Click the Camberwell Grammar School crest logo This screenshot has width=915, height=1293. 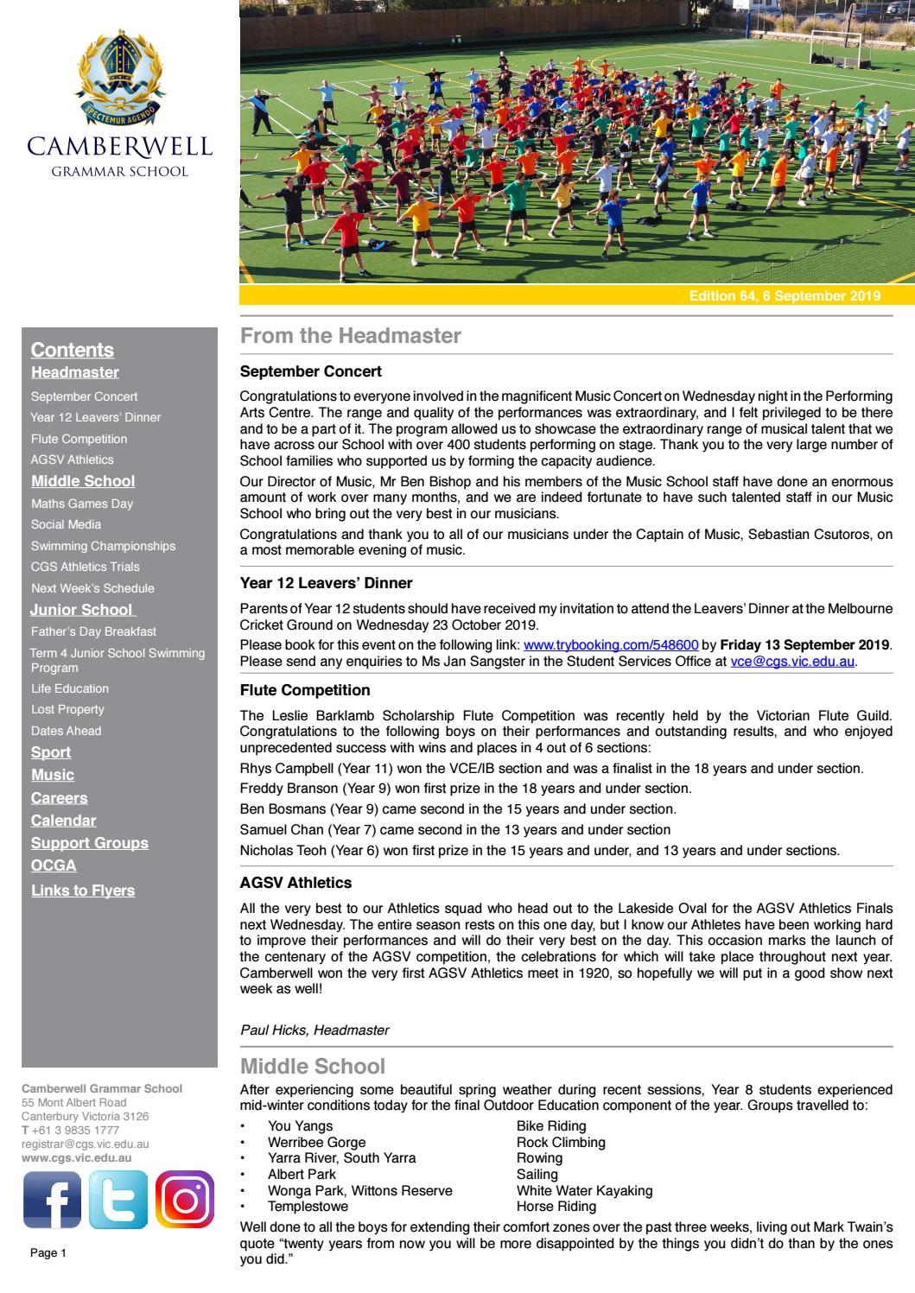click(119, 74)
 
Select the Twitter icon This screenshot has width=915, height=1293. click(119, 1200)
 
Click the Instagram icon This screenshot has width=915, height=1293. click(185, 1200)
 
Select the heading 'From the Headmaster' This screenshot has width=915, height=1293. click(351, 336)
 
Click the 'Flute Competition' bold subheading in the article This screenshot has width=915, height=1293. click(305, 690)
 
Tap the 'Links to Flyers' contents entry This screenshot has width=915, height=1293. click(83, 891)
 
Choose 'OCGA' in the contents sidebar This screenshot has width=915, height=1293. click(54, 865)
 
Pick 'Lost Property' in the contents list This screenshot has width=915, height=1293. click(67, 709)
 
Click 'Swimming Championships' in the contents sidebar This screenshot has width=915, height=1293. click(103, 546)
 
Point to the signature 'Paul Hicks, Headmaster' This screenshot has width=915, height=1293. click(315, 1030)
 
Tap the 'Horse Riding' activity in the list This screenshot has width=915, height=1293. click(556, 1207)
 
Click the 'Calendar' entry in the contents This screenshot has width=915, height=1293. click(63, 821)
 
